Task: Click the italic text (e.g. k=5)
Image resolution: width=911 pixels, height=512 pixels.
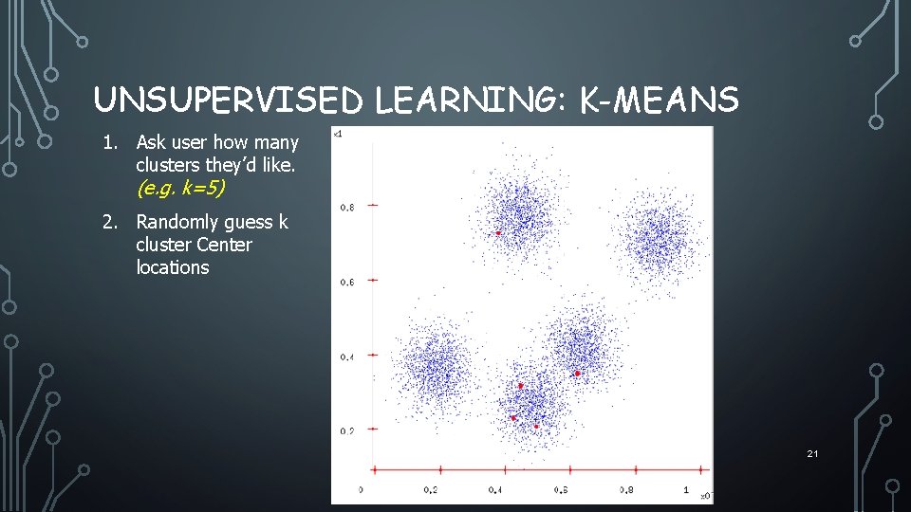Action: [x=180, y=189]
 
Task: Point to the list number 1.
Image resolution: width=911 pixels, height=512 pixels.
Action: [x=111, y=143]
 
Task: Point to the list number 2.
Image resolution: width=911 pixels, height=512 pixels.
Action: [x=111, y=223]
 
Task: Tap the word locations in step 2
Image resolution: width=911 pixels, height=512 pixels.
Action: [x=172, y=267]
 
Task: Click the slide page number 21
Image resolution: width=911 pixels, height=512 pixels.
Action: [x=812, y=454]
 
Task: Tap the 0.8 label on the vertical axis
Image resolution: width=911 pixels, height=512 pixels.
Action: [x=347, y=207]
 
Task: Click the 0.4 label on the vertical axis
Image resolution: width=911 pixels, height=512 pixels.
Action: [x=347, y=357]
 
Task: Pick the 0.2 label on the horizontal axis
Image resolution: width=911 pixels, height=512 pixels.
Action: [x=430, y=490]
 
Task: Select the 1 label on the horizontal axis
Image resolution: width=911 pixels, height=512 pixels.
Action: [x=687, y=490]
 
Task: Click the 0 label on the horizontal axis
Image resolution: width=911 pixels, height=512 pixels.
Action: [x=361, y=490]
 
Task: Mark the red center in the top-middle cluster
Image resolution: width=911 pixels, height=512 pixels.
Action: [x=498, y=232]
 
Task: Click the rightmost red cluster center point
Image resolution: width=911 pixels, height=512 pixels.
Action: [x=576, y=374]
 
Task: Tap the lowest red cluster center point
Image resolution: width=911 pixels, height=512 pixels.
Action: [x=536, y=426]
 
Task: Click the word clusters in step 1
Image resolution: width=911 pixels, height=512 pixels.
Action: [x=168, y=165]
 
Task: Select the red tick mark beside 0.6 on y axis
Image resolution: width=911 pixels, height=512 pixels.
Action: [x=373, y=280]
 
